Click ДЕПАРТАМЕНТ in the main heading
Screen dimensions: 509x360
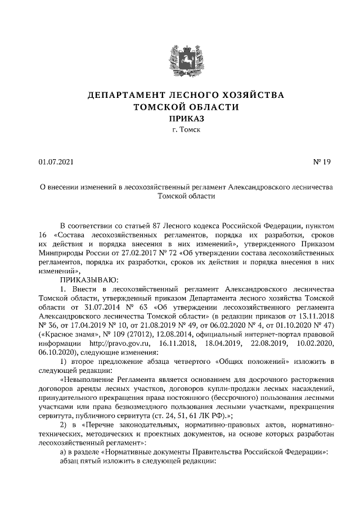click(x=125, y=95)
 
